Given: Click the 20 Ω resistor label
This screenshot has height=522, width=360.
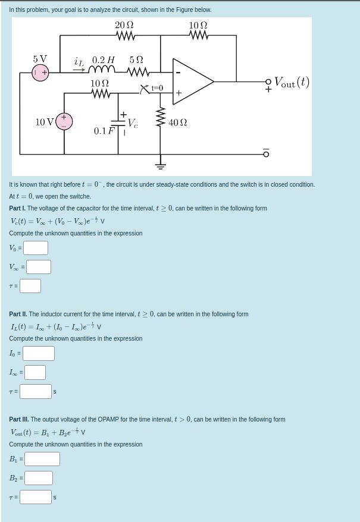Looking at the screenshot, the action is click(x=124, y=25).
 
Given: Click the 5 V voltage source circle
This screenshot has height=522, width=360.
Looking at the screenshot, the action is click(x=40, y=73).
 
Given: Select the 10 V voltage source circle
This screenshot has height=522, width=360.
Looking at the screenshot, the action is click(x=64, y=121).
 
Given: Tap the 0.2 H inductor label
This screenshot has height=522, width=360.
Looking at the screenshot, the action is click(x=103, y=60).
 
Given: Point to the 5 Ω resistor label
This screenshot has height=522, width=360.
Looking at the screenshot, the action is click(x=136, y=60).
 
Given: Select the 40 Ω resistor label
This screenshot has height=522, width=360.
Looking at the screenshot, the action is click(x=178, y=122).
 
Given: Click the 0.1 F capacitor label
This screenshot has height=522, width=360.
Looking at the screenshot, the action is click(x=104, y=131).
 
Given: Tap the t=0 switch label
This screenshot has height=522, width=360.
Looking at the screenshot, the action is click(x=157, y=88).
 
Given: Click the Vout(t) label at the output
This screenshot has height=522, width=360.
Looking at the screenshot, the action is click(x=292, y=82).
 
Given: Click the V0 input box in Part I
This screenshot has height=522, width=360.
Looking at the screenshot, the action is click(x=36, y=248).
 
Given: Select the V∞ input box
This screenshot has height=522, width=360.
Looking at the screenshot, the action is click(x=38, y=267).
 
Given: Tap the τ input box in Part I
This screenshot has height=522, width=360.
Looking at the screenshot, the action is click(x=30, y=286).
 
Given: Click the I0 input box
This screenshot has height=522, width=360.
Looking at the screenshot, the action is click(x=39, y=353).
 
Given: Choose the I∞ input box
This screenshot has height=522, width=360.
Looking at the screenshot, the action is click(x=35, y=372).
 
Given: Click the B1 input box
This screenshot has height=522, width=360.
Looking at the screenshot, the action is click(x=42, y=459).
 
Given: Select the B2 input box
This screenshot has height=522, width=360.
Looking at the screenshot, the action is click(x=38, y=478).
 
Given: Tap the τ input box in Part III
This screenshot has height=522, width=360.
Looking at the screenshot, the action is click(x=36, y=496).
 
